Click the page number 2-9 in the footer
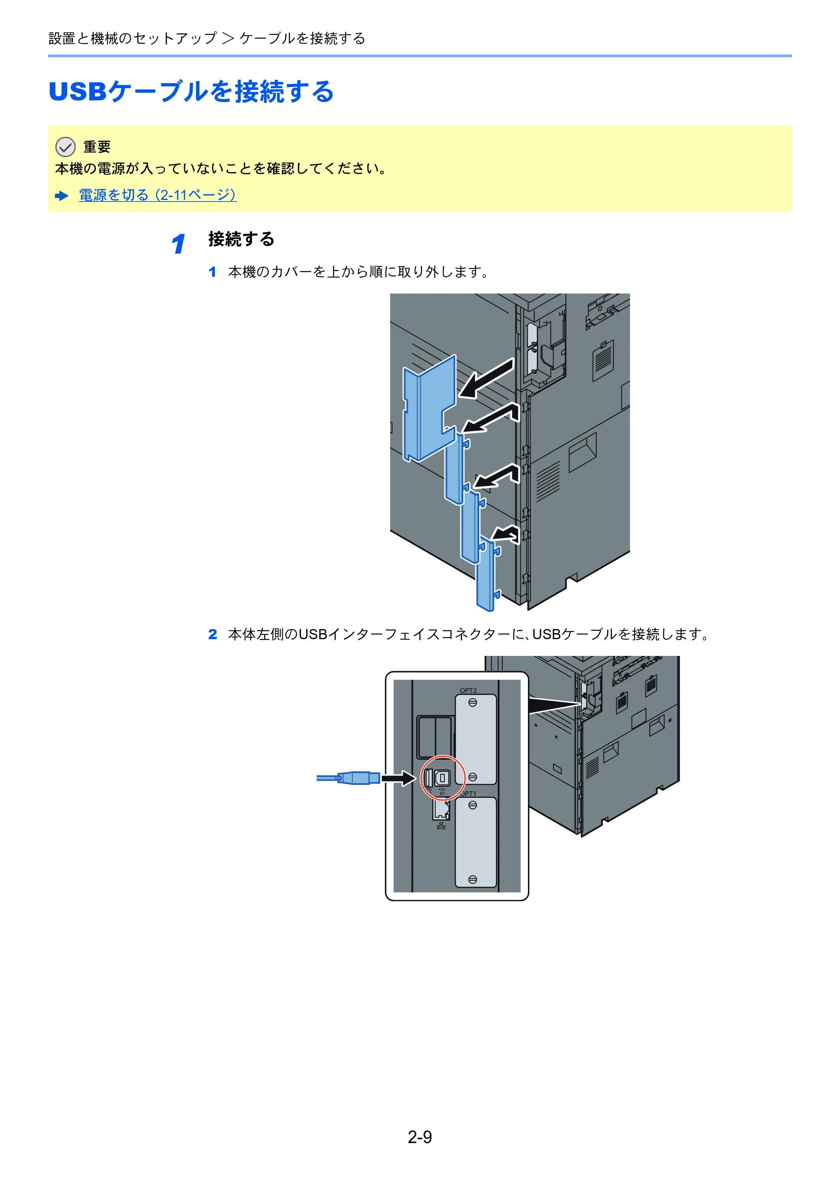(419, 1137)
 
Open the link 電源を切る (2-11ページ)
(158, 195)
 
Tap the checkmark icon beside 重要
(65, 147)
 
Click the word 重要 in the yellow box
(97, 147)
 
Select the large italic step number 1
(178, 244)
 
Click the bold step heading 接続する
(241, 239)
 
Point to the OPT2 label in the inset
(468, 690)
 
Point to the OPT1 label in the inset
(468, 794)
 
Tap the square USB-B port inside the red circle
(443, 778)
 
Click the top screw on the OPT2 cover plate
(472, 703)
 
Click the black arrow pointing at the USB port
(399, 778)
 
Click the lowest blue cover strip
(486, 574)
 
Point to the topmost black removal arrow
(486, 379)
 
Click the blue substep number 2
(213, 635)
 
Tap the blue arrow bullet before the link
(62, 196)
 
